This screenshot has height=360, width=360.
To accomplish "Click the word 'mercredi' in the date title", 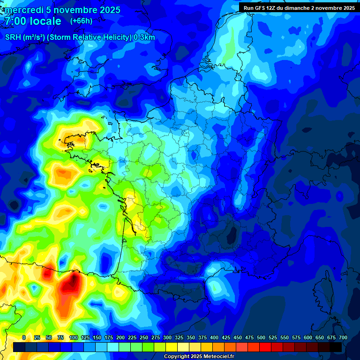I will click(24, 10).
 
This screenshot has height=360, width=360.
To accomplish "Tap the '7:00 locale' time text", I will click(32, 21).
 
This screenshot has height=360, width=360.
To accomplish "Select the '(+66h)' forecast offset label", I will click(81, 21).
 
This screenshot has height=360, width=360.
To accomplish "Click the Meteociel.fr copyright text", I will click(199, 357).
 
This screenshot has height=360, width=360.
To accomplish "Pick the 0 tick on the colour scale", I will click(24, 337).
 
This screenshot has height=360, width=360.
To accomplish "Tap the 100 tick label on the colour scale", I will click(73, 337).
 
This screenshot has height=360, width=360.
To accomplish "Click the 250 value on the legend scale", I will click(144, 337).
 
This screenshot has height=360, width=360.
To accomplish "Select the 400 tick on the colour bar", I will click(214, 337).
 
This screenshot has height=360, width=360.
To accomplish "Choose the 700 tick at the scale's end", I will click(343, 337).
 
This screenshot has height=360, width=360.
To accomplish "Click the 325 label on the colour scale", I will click(179, 337).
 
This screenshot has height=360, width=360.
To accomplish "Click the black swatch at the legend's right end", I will click(336, 347).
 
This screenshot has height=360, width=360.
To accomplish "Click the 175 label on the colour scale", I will click(109, 337).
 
